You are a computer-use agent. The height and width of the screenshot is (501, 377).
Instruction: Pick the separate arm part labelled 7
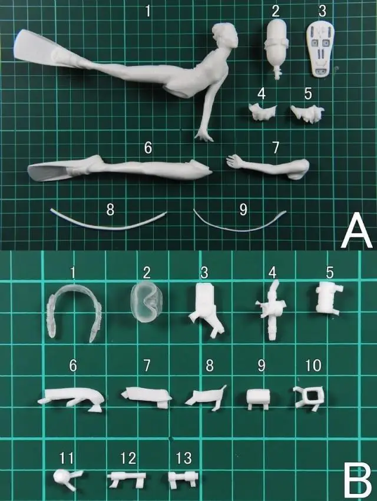[x=268, y=165]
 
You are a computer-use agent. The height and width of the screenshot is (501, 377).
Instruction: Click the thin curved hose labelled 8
[x=106, y=222]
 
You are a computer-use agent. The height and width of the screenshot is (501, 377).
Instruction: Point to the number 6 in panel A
[x=148, y=147]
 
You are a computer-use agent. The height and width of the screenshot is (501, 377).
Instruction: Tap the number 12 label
[x=125, y=456]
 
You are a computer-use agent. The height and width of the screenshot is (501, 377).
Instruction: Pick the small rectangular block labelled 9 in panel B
[x=257, y=397]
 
